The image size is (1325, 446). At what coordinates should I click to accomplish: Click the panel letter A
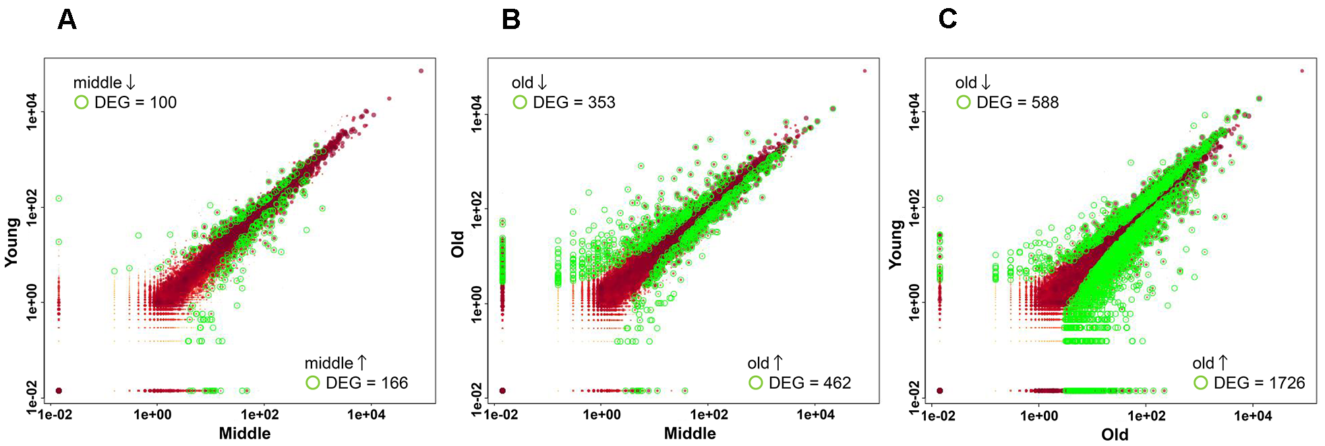click(67, 20)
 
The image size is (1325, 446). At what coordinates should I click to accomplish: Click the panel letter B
click(511, 20)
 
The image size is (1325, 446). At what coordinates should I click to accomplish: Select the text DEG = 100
click(135, 103)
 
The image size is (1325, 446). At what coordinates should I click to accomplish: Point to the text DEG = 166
click(366, 383)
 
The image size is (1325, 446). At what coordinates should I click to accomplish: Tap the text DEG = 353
click(574, 103)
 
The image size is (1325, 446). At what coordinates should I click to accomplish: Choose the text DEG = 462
click(809, 383)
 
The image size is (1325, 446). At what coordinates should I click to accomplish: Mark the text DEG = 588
click(1018, 103)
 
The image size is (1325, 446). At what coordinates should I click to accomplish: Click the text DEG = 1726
click(1259, 383)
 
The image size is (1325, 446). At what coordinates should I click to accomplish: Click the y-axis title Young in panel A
click(12, 243)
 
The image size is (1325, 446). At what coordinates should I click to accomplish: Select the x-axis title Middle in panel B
click(690, 433)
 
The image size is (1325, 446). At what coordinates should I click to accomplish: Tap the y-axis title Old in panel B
click(458, 244)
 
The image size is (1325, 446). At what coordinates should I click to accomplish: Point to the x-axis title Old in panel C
click(1115, 435)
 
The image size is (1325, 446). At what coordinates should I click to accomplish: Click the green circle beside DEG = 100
click(82, 103)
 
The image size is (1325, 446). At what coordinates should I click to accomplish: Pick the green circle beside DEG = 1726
click(1200, 383)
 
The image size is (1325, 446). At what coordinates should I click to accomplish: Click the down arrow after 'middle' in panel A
click(131, 82)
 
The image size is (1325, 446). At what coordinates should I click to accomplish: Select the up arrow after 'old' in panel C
click(1223, 363)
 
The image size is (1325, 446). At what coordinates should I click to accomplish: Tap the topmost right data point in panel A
click(421, 71)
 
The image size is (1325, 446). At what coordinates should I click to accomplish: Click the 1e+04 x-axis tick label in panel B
click(815, 415)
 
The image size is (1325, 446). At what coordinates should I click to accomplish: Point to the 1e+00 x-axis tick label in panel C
click(1039, 416)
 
